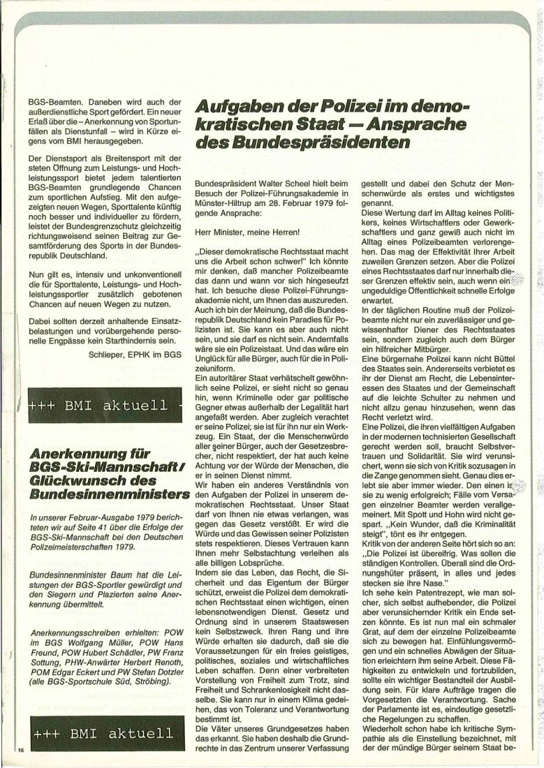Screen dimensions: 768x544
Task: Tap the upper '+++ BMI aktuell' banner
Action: coord(98,405)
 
